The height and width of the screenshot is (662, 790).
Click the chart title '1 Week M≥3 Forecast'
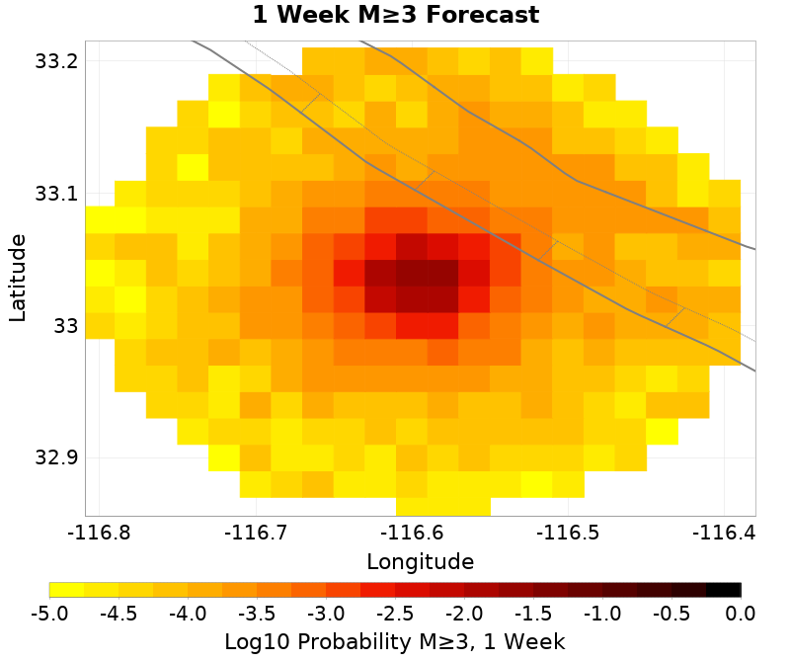[395, 15]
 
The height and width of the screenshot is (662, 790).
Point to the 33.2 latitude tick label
[56, 61]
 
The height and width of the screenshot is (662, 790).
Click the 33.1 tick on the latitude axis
[56, 194]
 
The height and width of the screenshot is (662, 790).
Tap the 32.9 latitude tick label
[56, 458]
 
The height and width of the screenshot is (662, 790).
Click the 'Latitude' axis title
[18, 278]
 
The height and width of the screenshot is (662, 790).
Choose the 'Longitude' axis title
[420, 562]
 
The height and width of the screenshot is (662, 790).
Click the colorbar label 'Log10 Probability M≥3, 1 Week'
[395, 641]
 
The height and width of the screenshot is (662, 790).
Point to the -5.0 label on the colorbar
[49, 614]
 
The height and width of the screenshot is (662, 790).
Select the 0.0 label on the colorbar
[741, 614]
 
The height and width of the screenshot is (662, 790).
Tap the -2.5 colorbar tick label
[395, 614]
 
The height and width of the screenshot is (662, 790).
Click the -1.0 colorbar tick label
[602, 614]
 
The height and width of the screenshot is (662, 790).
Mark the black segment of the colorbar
[724, 590]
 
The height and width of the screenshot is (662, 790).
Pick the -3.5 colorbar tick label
[257, 614]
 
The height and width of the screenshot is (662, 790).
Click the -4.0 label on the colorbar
[188, 614]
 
